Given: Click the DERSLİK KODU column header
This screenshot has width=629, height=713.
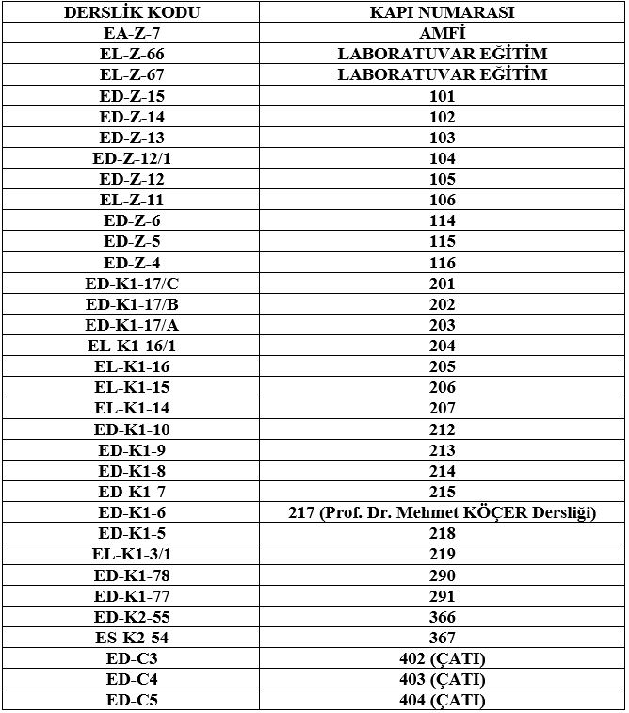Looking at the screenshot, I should tap(132, 12).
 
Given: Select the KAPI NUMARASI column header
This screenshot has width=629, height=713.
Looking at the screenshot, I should tap(442, 12).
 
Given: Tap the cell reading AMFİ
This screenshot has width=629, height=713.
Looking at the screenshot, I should tap(442, 33).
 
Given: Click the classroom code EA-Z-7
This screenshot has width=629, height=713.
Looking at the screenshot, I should tap(132, 33).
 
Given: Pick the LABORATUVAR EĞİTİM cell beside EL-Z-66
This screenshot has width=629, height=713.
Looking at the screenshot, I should tap(442, 54).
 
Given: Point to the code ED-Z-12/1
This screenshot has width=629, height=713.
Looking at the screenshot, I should tap(132, 158).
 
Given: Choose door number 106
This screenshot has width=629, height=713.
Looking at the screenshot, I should tap(442, 200).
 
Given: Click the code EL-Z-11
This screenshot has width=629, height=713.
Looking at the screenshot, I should tap(132, 200).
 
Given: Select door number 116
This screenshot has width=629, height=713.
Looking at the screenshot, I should tap(442, 263).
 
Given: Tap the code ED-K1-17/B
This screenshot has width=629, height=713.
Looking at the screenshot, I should tap(132, 304).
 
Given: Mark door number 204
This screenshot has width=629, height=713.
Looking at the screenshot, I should tap(442, 346).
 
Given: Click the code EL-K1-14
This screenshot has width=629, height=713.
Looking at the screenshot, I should tap(132, 408).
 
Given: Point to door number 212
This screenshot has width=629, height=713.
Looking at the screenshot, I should tap(442, 429).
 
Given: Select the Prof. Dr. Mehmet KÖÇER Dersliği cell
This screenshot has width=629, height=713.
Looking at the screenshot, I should tap(442, 512).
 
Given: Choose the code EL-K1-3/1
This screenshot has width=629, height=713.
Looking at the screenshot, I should tap(132, 554).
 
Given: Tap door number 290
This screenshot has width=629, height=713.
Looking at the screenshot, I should tap(442, 575).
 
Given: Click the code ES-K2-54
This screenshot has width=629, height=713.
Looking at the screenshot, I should tap(132, 638).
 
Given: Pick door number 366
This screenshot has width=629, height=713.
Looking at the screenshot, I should tap(442, 617).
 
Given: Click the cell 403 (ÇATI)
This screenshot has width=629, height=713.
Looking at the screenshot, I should tap(442, 679).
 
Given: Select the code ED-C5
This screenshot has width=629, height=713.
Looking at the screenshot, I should tap(132, 700).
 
